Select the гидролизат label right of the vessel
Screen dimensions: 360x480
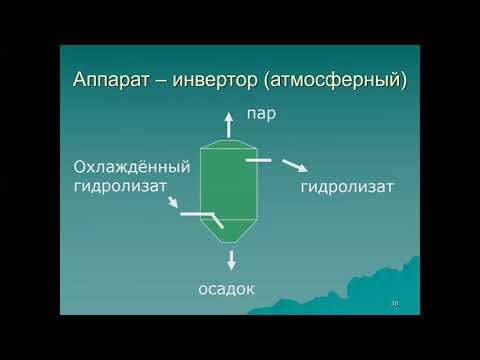[347, 186]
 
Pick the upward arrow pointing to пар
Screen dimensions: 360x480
[230, 124]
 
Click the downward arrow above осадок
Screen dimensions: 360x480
[232, 260]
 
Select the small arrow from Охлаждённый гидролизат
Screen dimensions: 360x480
[172, 203]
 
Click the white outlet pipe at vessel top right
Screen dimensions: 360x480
[257, 158]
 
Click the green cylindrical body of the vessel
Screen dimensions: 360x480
[231, 185]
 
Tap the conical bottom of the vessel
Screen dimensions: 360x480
[231, 231]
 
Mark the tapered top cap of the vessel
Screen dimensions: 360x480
[230, 145]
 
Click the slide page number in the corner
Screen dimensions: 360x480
[394, 303]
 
